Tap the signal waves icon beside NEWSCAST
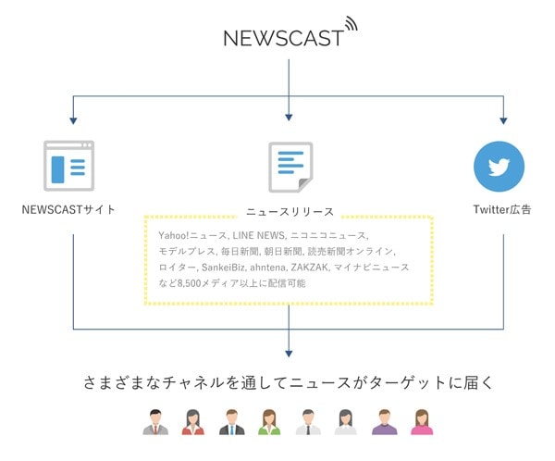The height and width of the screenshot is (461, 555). pos(351,24)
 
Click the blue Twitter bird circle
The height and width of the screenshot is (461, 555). pos(499,167)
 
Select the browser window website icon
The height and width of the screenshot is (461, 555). pos(69,166)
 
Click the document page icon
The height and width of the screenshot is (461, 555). pos(290,168)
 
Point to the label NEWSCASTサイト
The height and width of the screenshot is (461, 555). pos(68,209)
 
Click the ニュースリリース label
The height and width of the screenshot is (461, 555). pos(290,212)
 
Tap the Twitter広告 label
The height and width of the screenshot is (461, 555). pos(502,209)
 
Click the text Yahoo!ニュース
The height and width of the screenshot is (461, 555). pos(192,236)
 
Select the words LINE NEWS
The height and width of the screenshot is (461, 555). pos(259,236)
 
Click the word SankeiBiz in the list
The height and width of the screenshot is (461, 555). pos(223,268)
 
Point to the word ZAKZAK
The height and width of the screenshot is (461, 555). pos(310,268)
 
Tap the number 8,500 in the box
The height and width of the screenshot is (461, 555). pos(189,283)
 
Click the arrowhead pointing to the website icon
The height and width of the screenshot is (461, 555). pos(73,120)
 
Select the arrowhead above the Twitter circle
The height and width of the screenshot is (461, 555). pos(503,120)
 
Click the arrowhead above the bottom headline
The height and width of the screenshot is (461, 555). pos(289,354)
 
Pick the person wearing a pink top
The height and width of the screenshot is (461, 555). pos(422,422)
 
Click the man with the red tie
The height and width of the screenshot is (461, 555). pos(155,422)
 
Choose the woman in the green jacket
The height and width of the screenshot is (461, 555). pos(269,422)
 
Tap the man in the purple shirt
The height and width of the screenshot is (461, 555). pos(385,422)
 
